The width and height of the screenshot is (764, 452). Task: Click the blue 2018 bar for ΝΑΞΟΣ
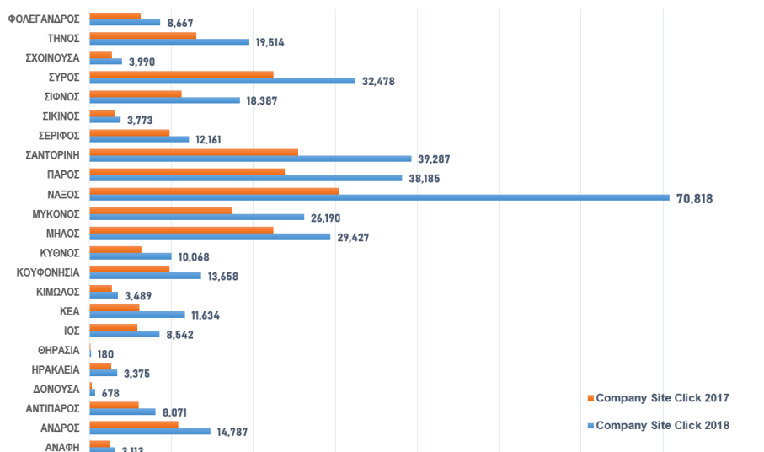pos(379,198)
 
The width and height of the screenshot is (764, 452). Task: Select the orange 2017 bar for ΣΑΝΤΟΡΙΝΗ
pos(194,152)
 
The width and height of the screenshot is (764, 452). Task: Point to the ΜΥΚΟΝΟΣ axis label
pos(56,213)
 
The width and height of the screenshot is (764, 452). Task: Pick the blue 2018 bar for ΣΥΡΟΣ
pos(222,81)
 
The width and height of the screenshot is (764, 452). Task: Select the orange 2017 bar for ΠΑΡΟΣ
pos(187,171)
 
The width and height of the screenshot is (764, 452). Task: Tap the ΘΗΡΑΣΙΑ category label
pos(58,350)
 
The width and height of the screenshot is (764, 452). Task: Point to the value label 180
pos(105,354)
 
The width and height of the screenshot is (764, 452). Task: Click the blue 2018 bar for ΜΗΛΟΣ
pos(210,237)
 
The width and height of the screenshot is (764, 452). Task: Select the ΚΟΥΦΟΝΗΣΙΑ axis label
pos(49,272)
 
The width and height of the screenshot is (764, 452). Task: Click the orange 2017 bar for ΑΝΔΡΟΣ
pos(133,423)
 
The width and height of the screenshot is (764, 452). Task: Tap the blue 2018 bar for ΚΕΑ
pos(137,315)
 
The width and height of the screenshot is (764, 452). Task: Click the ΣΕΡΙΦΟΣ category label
pos(60,135)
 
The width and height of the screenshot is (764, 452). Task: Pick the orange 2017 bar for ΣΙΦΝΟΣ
pos(135,94)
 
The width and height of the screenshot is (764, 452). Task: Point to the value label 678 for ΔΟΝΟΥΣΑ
pos(110,393)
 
